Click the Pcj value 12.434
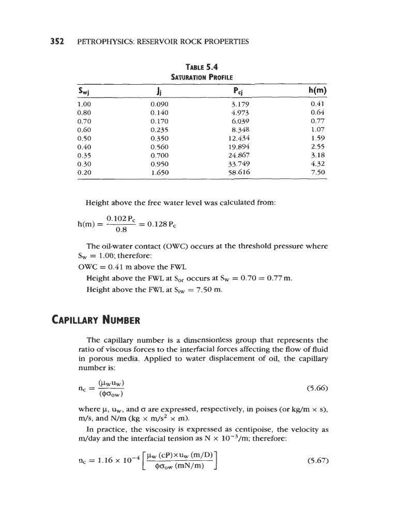point(238,138)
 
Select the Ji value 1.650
point(160,172)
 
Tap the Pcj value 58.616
point(238,172)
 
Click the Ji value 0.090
point(160,105)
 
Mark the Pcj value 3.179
point(238,105)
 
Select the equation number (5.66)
point(317,387)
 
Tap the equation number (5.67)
point(317,458)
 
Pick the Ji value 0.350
point(160,138)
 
